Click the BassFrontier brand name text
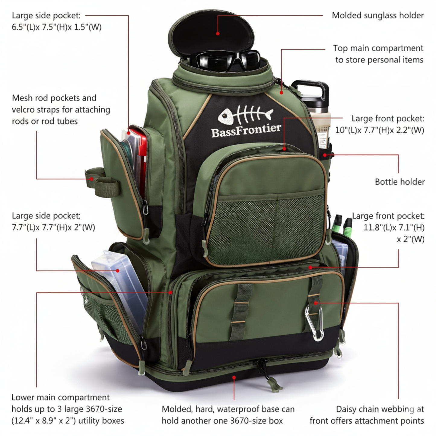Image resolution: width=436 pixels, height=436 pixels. (x=246, y=130)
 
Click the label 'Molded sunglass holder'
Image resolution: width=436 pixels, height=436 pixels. (x=377, y=15)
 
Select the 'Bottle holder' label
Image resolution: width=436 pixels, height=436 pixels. (x=399, y=182)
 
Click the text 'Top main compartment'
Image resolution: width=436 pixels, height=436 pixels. (x=378, y=48)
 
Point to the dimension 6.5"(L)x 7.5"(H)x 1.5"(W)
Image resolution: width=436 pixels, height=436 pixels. (x=57, y=27)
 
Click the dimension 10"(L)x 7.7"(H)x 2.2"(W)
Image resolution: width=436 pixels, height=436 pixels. (x=380, y=130)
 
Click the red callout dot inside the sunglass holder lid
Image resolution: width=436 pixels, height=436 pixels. (x=218, y=33)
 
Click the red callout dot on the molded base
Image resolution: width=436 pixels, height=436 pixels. (x=234, y=377)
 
